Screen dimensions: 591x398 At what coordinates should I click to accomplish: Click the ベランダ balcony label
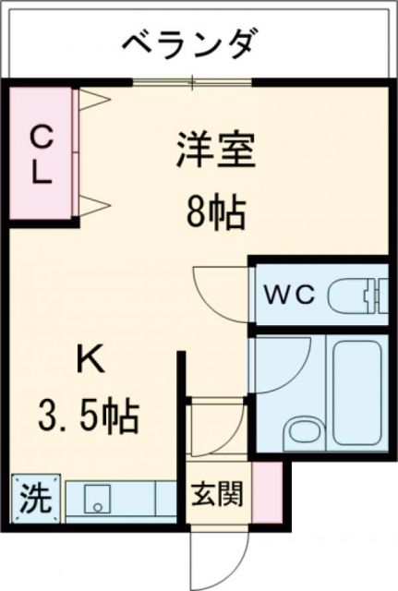pos(190,42)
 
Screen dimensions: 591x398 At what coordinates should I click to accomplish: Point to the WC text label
pos(290,295)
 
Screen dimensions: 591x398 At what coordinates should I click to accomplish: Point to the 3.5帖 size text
pos(90,416)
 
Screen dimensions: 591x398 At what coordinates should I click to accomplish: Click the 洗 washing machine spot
pos(35,500)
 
